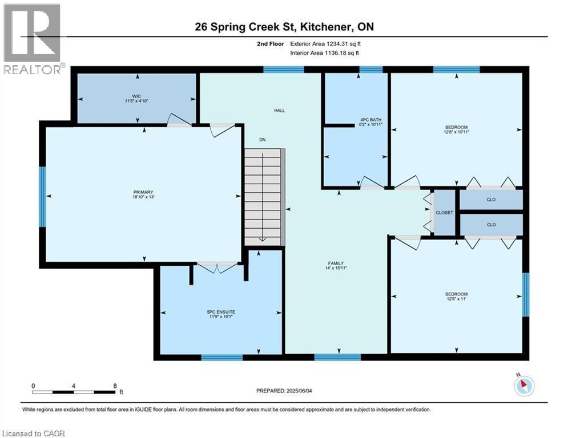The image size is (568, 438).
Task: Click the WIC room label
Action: (x=136, y=98)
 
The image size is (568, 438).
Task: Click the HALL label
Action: (x=279, y=111)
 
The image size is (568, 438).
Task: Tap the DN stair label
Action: (x=262, y=140)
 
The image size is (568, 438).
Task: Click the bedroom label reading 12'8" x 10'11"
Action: (x=456, y=129)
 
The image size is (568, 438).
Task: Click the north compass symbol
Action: (x=523, y=386)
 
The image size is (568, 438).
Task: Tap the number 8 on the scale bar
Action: (x=115, y=386)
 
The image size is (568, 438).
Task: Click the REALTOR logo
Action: (x=33, y=39)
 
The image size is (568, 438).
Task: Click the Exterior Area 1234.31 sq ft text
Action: (x=325, y=43)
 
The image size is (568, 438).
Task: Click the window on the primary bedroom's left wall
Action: (x=42, y=196)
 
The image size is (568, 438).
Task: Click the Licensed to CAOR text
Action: (x=33, y=433)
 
